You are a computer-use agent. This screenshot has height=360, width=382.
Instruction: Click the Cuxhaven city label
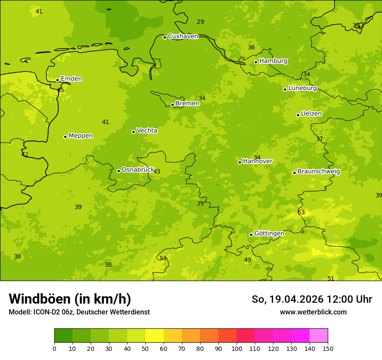click(x=183, y=36)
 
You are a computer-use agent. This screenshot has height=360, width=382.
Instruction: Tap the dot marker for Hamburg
click(x=256, y=62)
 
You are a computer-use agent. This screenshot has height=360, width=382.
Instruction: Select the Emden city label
click(x=71, y=79)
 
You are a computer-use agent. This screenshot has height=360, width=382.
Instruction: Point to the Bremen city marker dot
click(x=172, y=105)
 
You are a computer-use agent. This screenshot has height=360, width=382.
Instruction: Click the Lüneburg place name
click(x=302, y=88)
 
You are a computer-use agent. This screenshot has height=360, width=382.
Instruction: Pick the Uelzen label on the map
click(x=311, y=114)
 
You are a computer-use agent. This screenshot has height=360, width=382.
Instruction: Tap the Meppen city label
click(x=80, y=136)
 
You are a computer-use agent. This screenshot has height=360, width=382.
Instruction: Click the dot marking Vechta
click(x=133, y=132)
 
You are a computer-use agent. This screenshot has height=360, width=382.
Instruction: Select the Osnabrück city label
click(x=138, y=170)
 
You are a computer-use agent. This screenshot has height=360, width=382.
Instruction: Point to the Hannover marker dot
click(x=240, y=162)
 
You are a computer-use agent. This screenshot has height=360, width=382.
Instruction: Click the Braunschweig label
click(x=319, y=172)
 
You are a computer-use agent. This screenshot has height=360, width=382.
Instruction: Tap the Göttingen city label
click(x=269, y=234)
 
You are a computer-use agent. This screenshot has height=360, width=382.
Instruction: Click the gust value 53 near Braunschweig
click(x=301, y=213)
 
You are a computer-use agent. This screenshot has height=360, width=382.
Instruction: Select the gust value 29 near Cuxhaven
click(x=200, y=22)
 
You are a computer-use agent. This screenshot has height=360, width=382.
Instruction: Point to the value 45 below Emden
click(x=60, y=90)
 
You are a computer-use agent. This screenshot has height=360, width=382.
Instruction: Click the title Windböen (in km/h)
click(x=70, y=299)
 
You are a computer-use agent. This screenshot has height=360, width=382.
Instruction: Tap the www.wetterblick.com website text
click(x=313, y=312)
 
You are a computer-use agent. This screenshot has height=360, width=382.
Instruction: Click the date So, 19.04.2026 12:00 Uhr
click(x=312, y=299)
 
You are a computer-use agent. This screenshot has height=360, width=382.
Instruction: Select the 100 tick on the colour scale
click(x=237, y=348)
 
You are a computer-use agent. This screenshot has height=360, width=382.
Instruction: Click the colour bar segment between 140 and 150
click(x=319, y=336)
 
